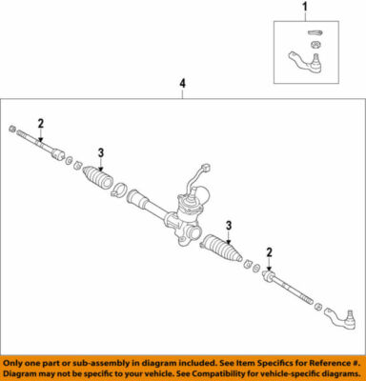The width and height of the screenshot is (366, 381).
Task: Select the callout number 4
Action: (x=181, y=85)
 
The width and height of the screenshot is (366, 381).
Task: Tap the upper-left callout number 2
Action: (x=40, y=122)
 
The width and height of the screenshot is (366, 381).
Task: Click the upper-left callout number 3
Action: (x=100, y=150)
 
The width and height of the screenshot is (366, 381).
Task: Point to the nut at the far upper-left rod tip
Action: (x=10, y=129)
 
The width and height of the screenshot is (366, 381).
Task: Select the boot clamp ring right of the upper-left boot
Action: (x=117, y=194)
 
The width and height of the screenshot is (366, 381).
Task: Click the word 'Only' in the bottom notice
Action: (x=19, y=363)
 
